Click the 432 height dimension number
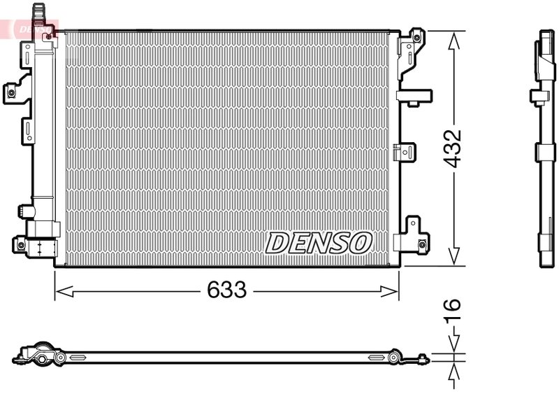click(454, 148)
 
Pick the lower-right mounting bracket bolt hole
click(421, 244)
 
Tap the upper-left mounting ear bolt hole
click(12, 90)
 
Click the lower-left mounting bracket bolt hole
click(18, 244)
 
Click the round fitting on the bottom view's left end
click(42, 359)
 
